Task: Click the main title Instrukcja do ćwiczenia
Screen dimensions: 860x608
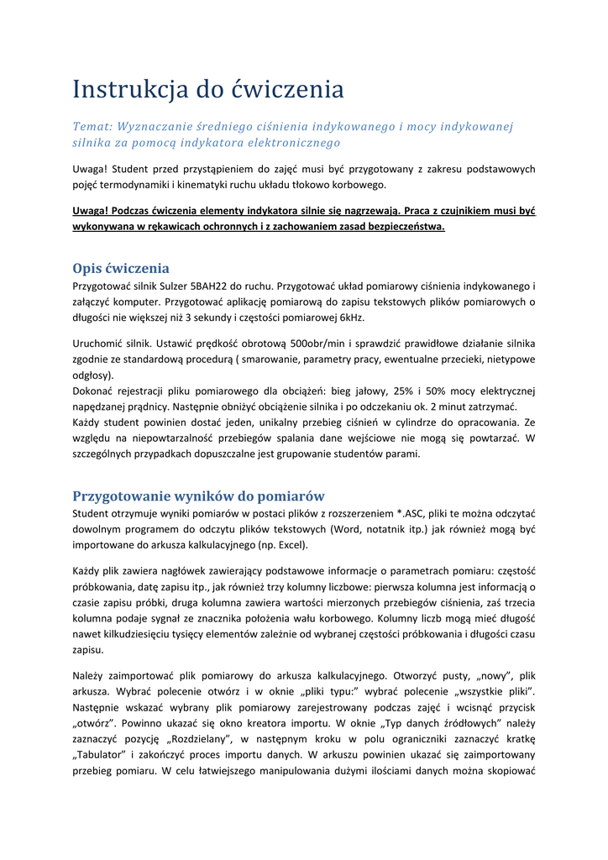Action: click(207, 88)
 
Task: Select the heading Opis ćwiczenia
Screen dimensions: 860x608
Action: click(121, 269)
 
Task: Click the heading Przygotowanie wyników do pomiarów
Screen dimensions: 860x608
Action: click(198, 496)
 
